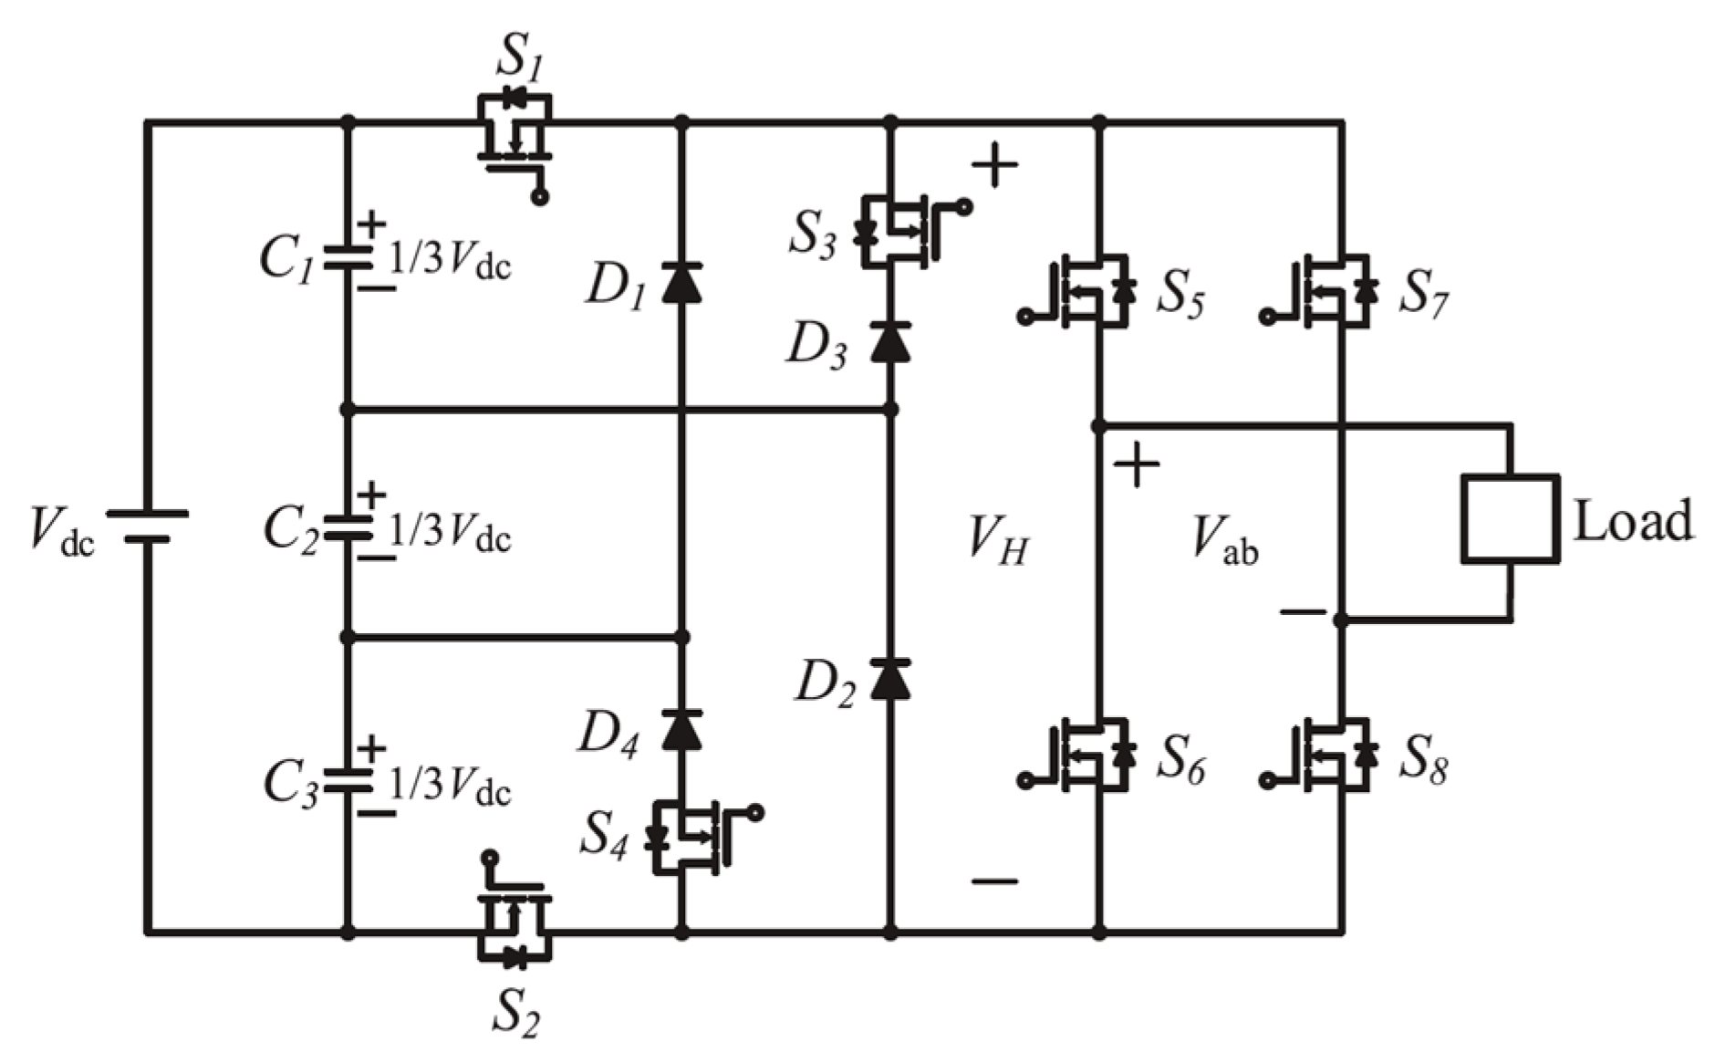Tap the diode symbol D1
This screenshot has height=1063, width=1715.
(x=681, y=282)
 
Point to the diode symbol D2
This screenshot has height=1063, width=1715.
(x=890, y=679)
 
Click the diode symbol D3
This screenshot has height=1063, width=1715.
(x=890, y=341)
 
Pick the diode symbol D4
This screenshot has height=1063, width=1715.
(x=681, y=729)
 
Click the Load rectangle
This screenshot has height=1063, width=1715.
(x=1509, y=518)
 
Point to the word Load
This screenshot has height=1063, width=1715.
(x=1632, y=521)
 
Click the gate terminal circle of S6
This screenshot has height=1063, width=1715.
(x=1025, y=781)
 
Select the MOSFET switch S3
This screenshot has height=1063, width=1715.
(x=899, y=232)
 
